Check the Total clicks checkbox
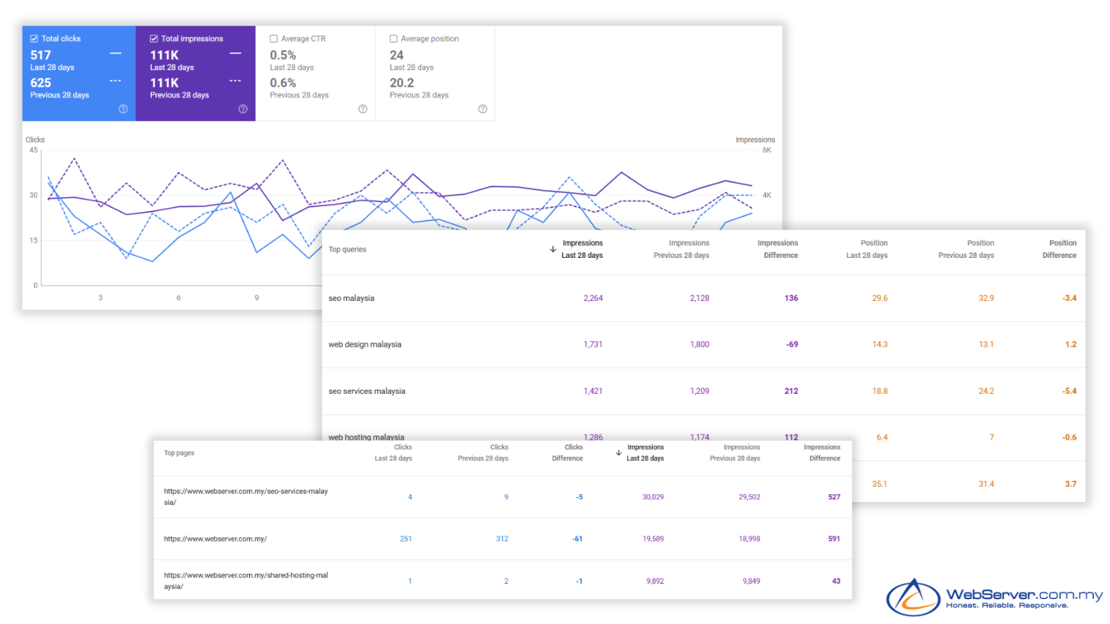tap(34, 39)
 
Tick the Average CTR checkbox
tap(274, 39)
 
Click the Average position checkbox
tap(393, 39)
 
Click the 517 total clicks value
tap(41, 55)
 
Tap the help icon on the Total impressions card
tap(243, 109)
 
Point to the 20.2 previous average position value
tap(402, 83)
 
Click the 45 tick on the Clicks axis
tap(33, 150)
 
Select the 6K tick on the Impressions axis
tap(767, 150)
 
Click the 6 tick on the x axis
tap(178, 297)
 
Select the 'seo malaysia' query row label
tap(351, 298)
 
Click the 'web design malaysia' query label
tap(365, 345)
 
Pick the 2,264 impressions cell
tap(592, 298)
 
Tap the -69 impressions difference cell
tap(792, 345)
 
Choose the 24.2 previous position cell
tap(986, 391)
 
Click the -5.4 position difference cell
tap(1069, 391)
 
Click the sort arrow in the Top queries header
tap(553, 249)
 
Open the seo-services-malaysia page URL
tap(246, 496)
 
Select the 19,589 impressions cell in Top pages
tap(653, 539)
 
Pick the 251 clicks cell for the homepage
tap(406, 539)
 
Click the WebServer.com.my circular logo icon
tap(913, 597)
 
